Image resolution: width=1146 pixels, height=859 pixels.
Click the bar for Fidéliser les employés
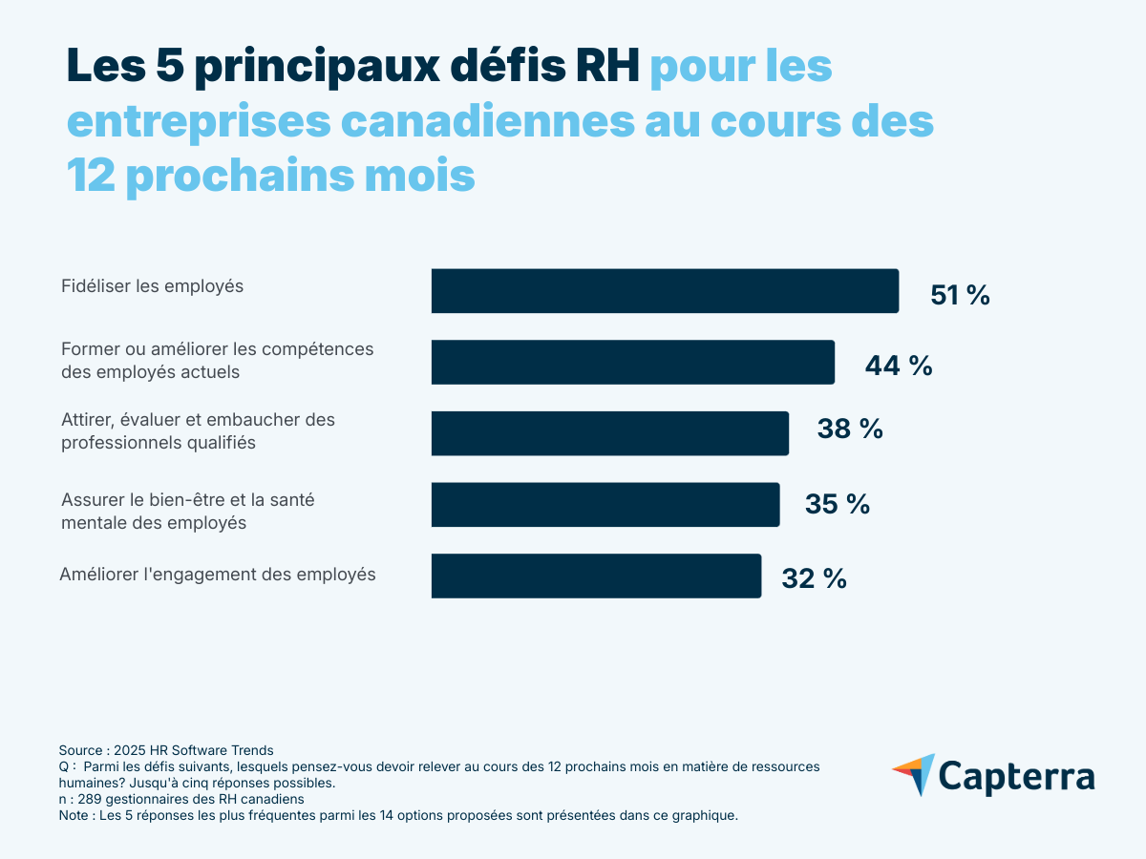[665, 291]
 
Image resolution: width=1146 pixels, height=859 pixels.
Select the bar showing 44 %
[632, 362]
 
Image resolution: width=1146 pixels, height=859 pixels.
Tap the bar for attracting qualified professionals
[609, 433]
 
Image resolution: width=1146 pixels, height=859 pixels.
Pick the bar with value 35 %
[605, 504]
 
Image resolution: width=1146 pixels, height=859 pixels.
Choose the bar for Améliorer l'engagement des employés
[596, 576]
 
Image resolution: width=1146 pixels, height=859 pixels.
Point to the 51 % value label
[960, 296]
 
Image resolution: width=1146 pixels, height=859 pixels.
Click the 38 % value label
[849, 429]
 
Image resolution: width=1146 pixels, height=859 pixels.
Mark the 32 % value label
[814, 578]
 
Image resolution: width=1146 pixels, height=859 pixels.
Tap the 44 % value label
[898, 366]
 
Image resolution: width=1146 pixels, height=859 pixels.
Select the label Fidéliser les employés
[152, 286]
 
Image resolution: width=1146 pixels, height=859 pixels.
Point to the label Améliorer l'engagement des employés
[218, 575]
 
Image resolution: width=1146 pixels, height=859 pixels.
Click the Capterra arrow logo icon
[914, 774]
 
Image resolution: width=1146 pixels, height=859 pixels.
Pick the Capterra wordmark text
[1016, 776]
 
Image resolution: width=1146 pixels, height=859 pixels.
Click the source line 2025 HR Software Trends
[193, 750]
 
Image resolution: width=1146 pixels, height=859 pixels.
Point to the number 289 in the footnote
[89, 799]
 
